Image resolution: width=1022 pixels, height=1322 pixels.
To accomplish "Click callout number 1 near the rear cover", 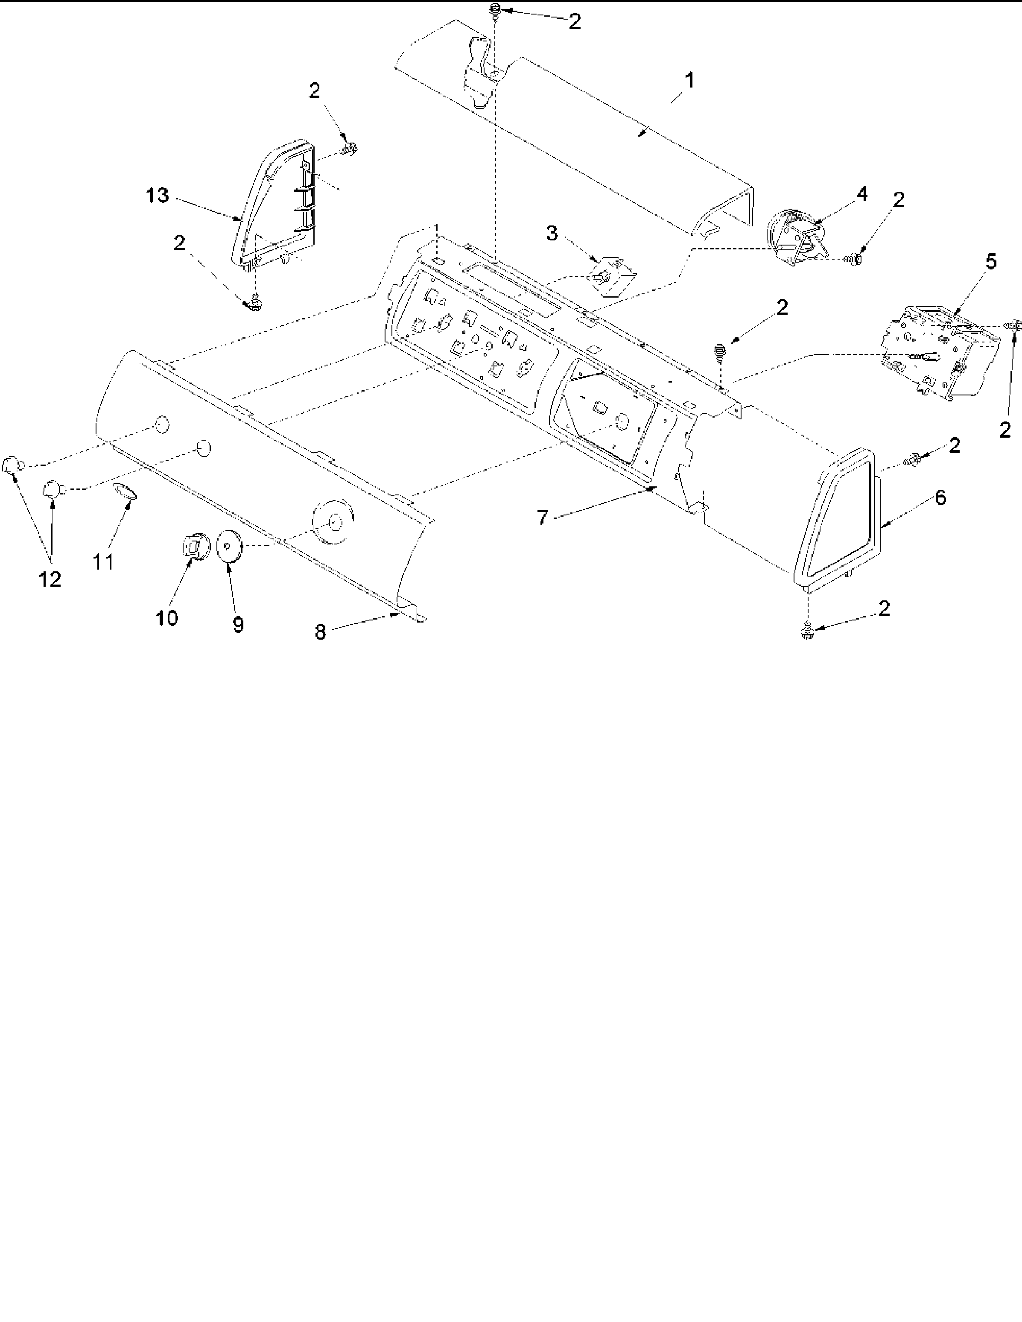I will tap(689, 81).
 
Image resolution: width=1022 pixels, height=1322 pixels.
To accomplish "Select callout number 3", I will tap(551, 234).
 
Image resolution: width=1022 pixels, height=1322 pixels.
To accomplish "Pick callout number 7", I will tap(543, 518).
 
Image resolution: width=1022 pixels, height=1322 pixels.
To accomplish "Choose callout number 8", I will tap(320, 632).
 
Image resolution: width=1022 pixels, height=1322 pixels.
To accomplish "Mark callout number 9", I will tap(238, 625).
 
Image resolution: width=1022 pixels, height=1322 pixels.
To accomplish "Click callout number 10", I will tap(167, 618).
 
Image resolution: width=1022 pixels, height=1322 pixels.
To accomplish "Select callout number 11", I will tap(103, 562).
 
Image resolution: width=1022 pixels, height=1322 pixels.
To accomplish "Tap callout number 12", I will tap(50, 579).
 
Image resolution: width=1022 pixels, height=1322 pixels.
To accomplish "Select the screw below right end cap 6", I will tap(806, 632).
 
